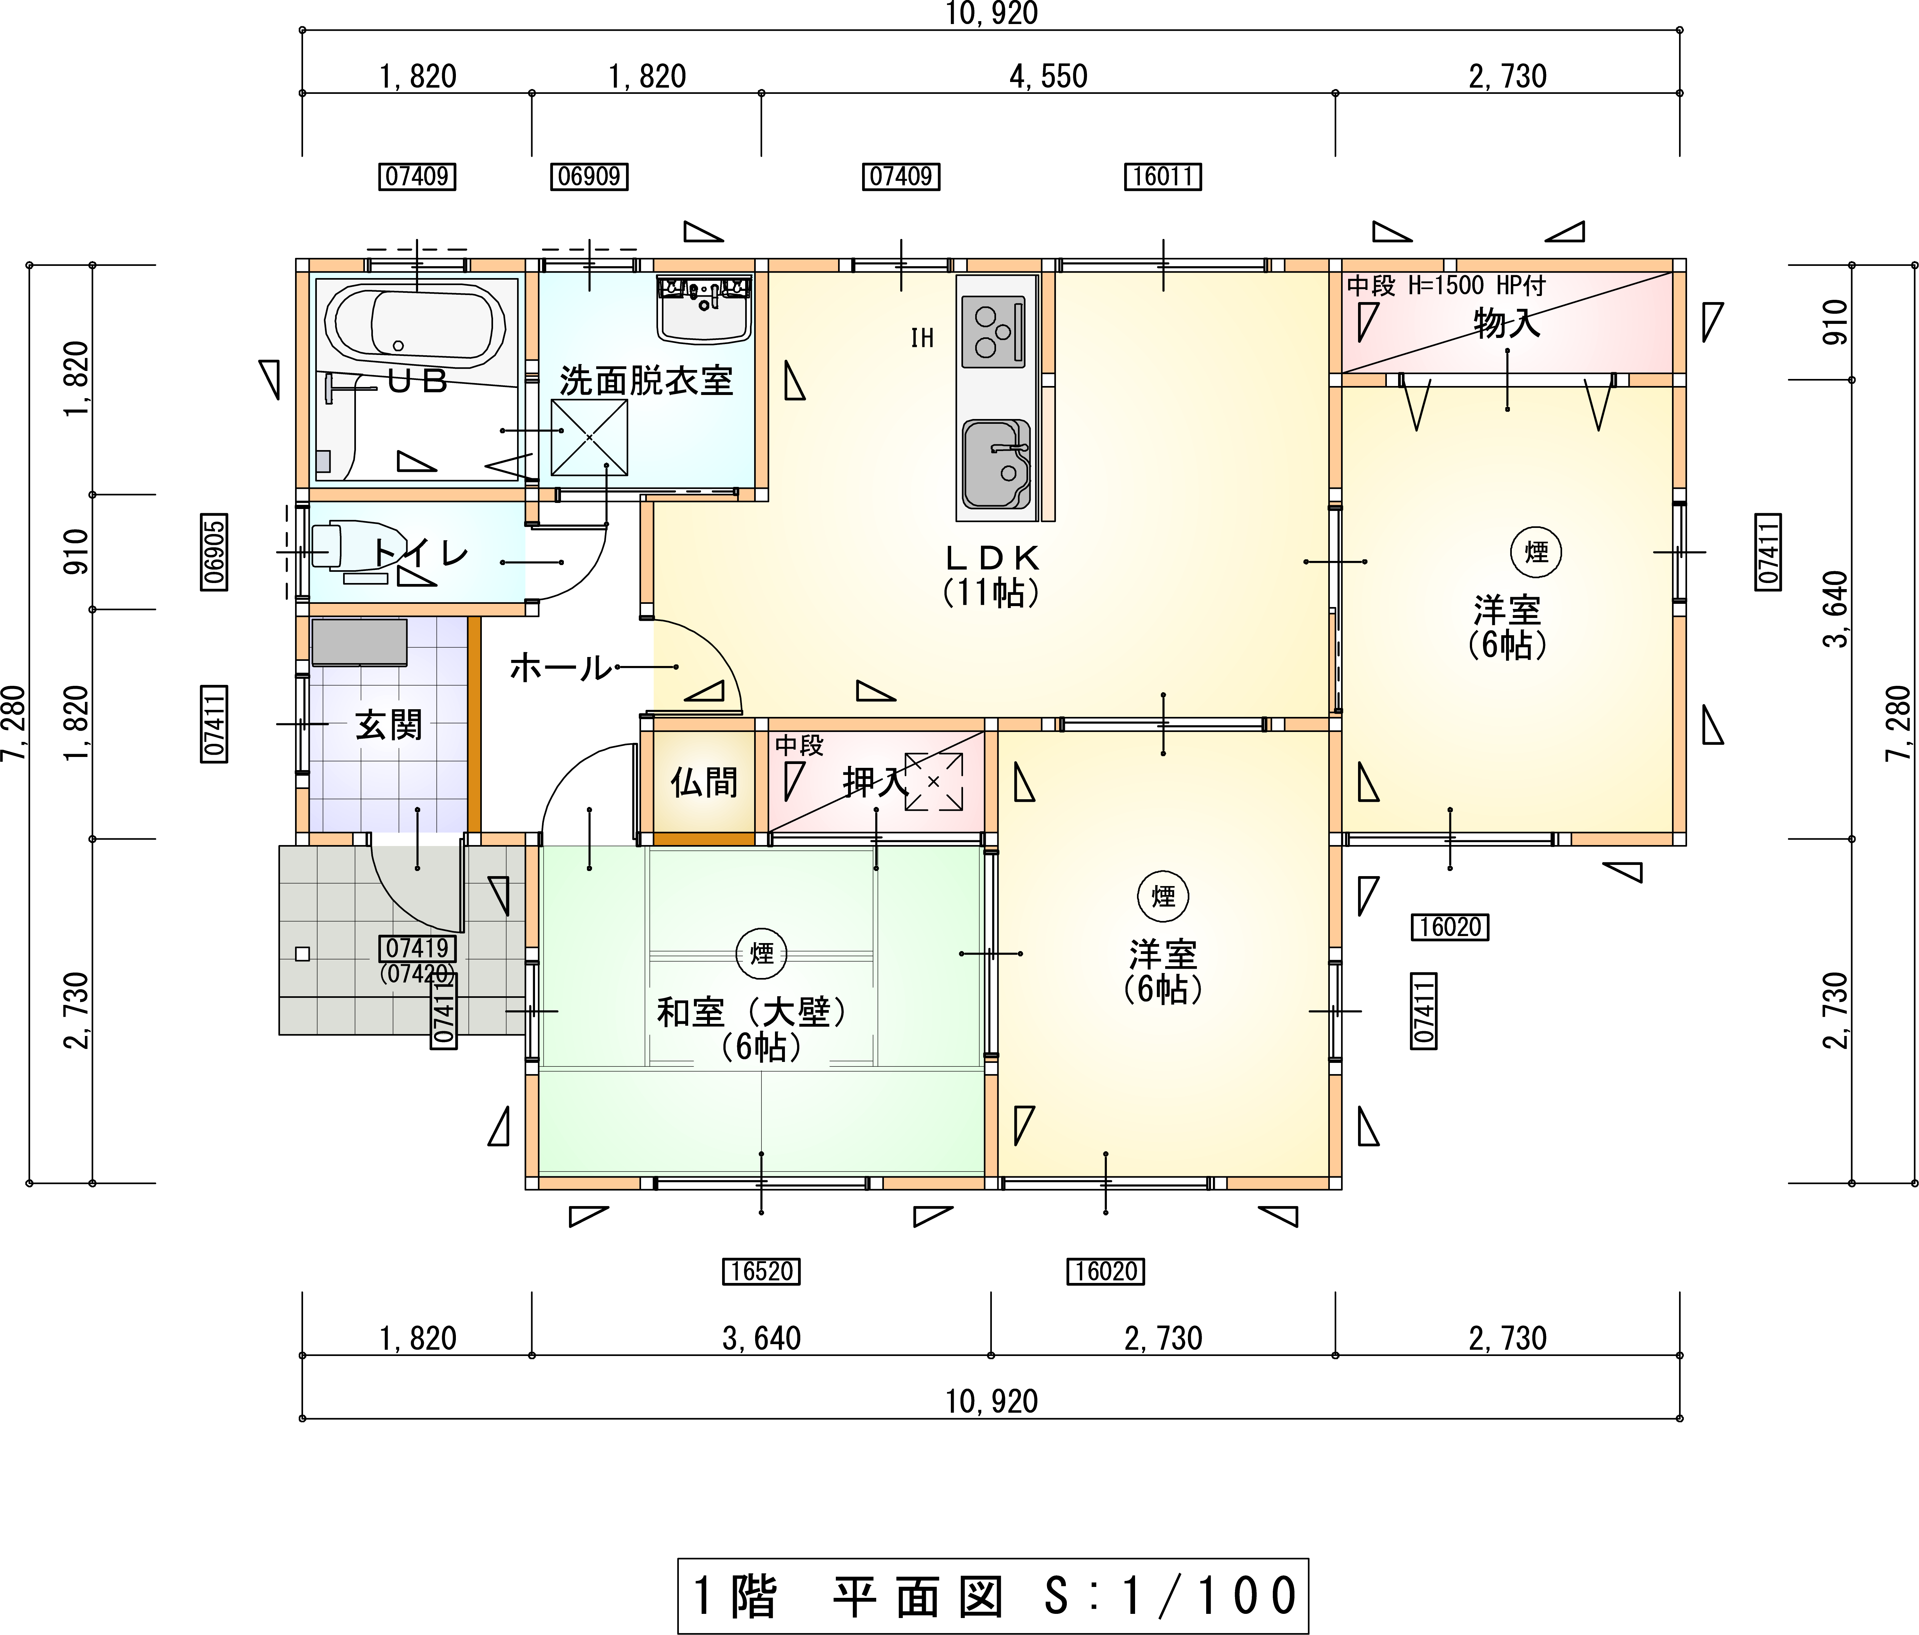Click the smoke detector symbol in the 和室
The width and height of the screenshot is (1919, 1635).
(761, 953)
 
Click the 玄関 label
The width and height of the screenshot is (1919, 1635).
(389, 725)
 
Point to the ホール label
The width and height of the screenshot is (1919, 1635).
(560, 667)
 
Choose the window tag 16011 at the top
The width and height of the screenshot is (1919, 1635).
(1163, 176)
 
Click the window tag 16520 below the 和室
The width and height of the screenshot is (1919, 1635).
(761, 1271)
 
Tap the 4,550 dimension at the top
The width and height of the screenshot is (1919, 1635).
(1049, 76)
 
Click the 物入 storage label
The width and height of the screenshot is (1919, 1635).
(1507, 324)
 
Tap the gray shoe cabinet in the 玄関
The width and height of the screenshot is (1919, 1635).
(359, 643)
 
